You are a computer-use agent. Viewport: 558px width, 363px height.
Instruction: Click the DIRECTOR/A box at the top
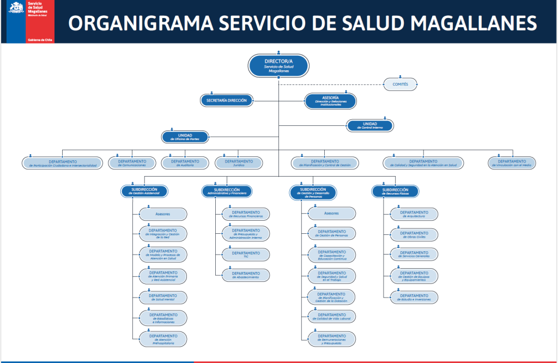pos(278,65)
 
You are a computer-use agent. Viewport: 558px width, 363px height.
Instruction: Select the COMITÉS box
pos(400,84)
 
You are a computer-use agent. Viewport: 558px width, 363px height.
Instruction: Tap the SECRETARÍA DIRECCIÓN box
pos(227,100)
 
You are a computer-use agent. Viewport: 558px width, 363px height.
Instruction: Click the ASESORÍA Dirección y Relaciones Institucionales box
pos(330,101)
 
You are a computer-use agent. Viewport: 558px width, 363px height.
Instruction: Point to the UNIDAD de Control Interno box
pos(370,125)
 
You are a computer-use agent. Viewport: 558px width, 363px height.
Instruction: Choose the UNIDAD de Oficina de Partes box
pos(185,137)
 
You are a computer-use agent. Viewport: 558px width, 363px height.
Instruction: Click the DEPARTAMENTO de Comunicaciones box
pos(132,163)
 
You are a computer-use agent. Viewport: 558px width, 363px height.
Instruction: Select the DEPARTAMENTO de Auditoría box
pos(185,163)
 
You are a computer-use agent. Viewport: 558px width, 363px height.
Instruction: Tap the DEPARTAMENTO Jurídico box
pos(239,163)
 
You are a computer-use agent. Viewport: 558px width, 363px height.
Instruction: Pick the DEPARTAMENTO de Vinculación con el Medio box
pos(512,163)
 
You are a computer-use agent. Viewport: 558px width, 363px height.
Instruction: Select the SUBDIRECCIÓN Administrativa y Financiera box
pos(227,191)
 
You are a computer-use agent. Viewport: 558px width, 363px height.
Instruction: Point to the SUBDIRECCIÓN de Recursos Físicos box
pos(396,191)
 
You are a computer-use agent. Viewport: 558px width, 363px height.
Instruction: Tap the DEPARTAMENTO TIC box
pos(246,254)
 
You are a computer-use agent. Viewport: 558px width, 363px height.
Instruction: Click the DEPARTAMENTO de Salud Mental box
pos(163,298)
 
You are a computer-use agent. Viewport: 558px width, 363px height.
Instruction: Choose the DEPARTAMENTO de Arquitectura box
pos(414,214)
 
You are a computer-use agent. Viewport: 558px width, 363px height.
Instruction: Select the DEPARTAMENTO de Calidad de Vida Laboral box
pos(331,316)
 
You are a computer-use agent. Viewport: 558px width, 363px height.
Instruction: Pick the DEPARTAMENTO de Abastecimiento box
pos(246,275)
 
